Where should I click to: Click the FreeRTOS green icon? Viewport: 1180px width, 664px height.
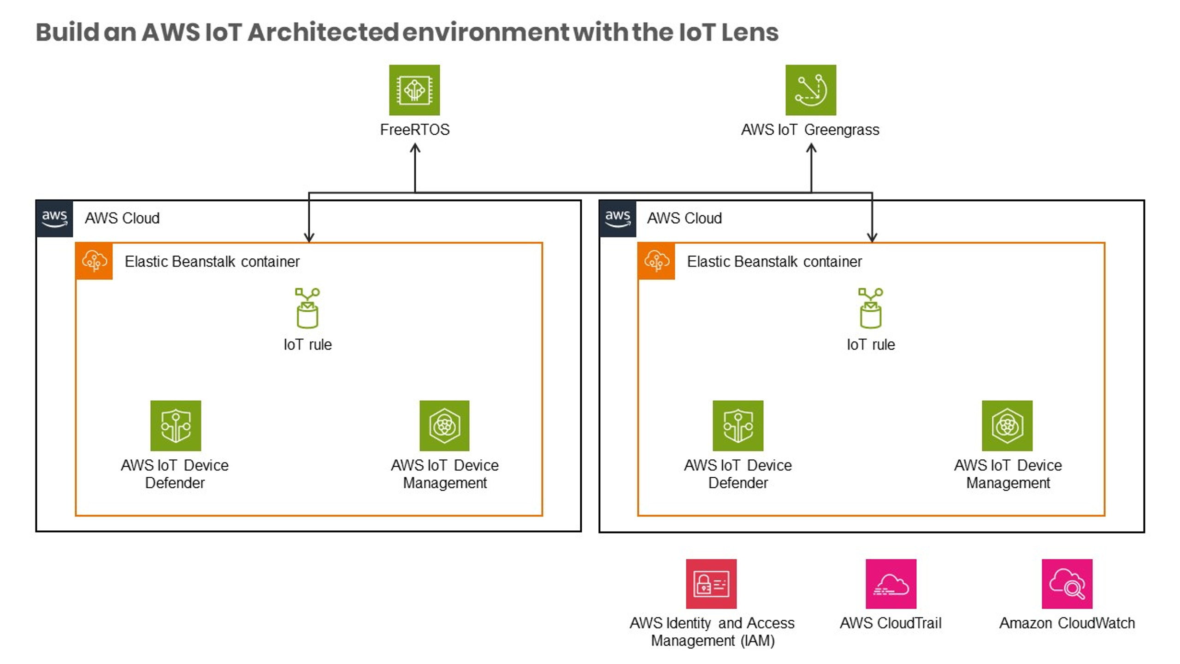(414, 90)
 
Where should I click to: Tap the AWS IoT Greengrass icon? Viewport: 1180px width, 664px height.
(811, 90)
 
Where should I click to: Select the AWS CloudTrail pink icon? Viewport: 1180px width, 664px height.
(891, 584)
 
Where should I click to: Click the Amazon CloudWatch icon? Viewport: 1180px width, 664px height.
(1067, 584)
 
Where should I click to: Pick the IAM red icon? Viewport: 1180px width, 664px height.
(711, 584)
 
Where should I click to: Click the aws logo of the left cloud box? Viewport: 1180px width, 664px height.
(54, 219)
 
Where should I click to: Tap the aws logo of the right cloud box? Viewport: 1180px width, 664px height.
(618, 219)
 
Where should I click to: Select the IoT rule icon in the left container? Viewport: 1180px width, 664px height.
(307, 308)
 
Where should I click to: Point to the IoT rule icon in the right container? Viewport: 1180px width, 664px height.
(871, 308)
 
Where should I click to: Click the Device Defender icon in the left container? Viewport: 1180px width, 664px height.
(176, 426)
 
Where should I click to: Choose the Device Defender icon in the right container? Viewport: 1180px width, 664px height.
(738, 426)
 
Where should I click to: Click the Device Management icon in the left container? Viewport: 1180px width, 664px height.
(444, 426)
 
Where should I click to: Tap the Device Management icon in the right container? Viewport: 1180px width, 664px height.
(1007, 426)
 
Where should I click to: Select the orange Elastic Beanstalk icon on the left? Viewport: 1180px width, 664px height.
(94, 261)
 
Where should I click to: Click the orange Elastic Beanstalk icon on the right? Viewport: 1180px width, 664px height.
(656, 261)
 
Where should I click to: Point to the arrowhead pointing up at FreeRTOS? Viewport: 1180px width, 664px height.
(415, 149)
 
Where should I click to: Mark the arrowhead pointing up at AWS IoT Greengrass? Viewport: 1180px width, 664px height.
(811, 149)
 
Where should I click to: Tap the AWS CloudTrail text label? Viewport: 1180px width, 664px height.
(891, 623)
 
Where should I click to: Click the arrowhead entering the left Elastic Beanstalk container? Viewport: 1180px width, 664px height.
(309, 237)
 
